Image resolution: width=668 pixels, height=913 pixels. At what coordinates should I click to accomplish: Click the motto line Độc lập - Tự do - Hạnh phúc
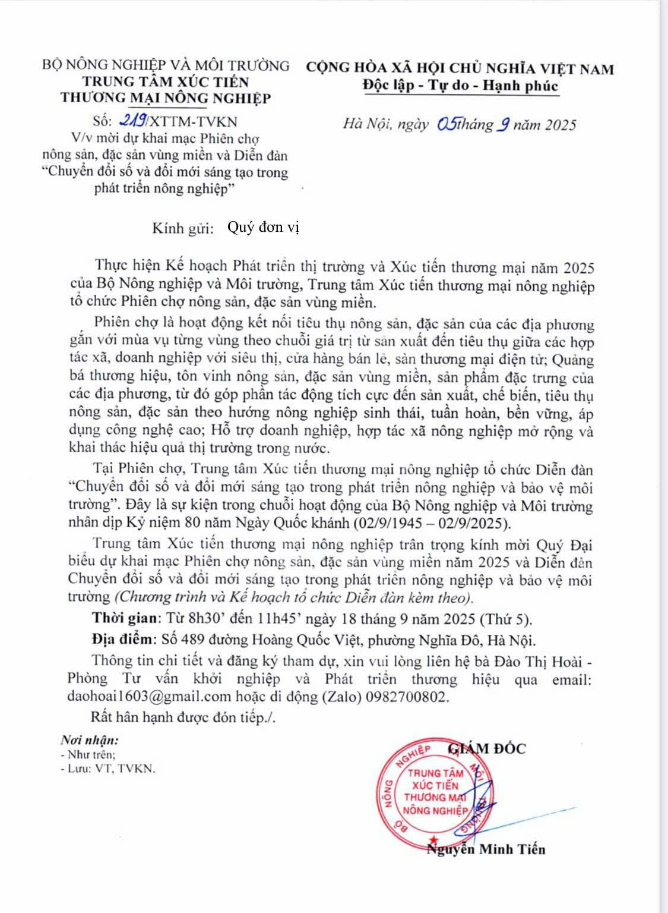[x=460, y=86]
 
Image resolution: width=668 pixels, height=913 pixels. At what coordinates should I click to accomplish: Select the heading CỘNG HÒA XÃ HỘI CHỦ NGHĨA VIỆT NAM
[x=460, y=69]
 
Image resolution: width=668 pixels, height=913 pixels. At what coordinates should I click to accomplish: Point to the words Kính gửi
[x=182, y=229]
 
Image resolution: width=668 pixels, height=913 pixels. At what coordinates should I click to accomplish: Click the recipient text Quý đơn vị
[x=264, y=228]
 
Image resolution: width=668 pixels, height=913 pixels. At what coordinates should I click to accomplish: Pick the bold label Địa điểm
[x=122, y=640]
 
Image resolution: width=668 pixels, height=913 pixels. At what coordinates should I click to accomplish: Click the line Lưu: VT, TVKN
[x=107, y=768]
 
